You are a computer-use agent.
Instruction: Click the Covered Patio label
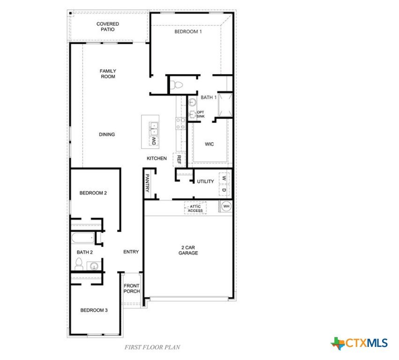click(x=108, y=27)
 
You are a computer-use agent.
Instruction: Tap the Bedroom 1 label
click(x=188, y=31)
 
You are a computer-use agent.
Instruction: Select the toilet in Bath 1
click(x=177, y=84)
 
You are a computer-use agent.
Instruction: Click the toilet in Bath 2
click(x=79, y=264)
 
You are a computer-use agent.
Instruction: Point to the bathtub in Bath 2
click(x=83, y=238)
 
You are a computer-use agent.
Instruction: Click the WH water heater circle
click(x=226, y=206)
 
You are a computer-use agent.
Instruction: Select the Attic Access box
click(x=195, y=208)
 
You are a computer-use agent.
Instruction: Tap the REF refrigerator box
click(x=179, y=159)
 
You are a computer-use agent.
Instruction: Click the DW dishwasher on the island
click(x=154, y=141)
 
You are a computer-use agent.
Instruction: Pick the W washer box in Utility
click(x=224, y=178)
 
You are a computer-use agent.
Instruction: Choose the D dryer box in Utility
click(x=224, y=190)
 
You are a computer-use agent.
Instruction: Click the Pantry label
click(x=147, y=183)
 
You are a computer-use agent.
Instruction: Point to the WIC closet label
click(x=209, y=144)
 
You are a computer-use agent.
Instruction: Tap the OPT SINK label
click(x=200, y=114)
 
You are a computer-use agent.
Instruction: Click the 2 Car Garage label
click(x=188, y=250)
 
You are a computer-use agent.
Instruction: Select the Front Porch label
click(x=132, y=288)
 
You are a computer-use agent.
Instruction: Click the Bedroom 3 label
click(x=94, y=310)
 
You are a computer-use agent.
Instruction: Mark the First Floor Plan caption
click(x=152, y=347)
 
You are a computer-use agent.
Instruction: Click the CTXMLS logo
click(x=359, y=343)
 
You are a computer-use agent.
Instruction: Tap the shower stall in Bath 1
click(x=225, y=105)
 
